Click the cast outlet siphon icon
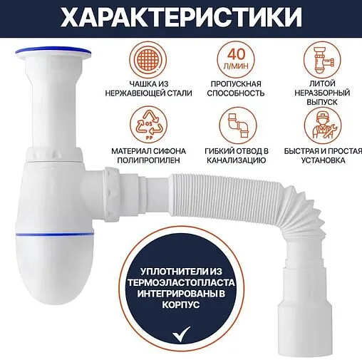(323, 58)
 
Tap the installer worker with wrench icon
(322, 126)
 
